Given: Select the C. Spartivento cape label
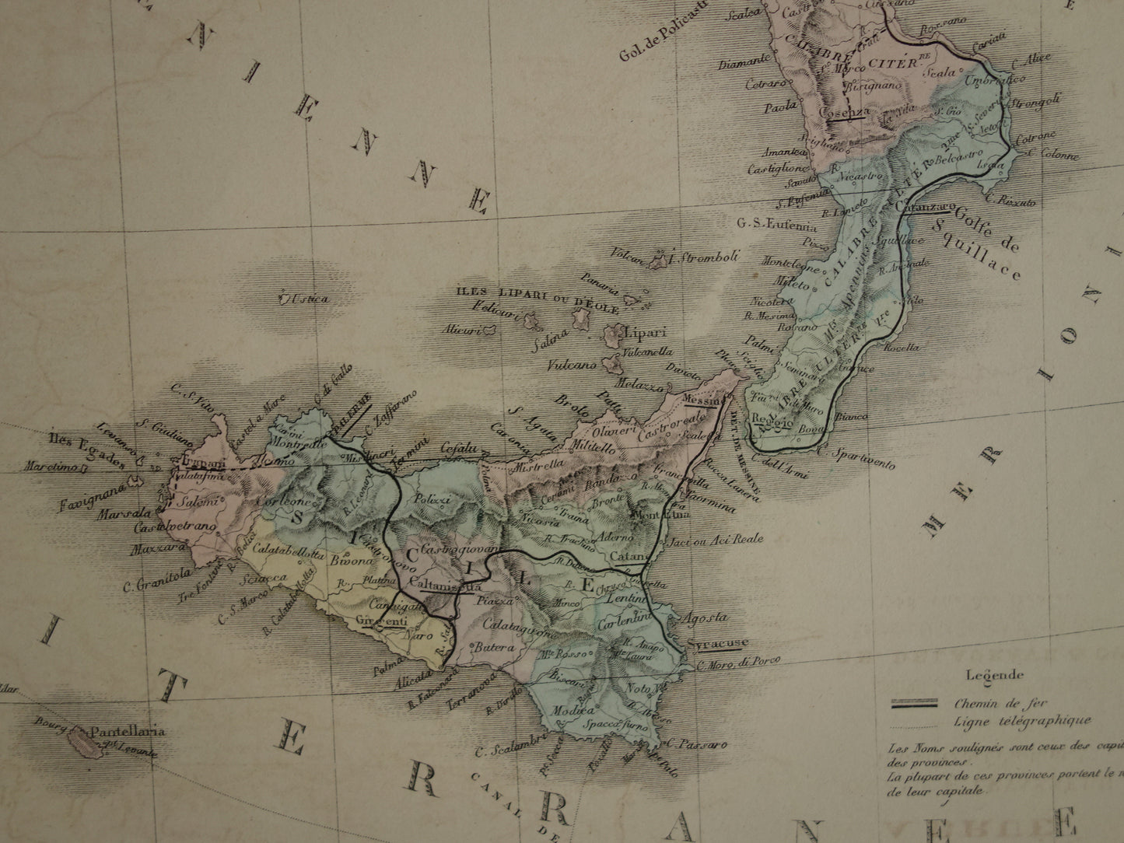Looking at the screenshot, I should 863,459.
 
